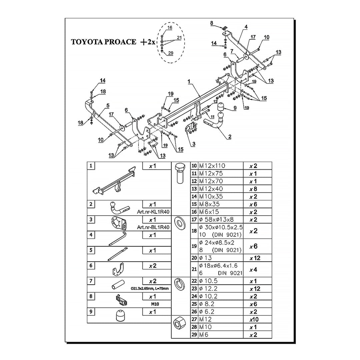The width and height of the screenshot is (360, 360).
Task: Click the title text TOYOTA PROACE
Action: tap(103, 42)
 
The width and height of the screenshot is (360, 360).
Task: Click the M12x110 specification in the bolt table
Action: tap(212, 166)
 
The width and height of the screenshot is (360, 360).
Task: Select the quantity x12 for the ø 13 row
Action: tap(255, 258)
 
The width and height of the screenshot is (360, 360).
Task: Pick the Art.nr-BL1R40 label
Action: tap(153, 227)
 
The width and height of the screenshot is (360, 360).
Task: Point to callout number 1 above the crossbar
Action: tap(189, 81)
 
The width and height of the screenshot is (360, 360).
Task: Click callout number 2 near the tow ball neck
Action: tap(230, 136)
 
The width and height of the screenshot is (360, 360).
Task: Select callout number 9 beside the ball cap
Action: tap(235, 108)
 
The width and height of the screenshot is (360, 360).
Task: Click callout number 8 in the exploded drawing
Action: tap(211, 23)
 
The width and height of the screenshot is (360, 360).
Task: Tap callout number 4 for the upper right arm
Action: tap(246, 26)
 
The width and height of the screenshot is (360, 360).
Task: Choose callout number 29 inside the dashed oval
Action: tap(170, 53)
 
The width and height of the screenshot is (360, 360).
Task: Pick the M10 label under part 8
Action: tap(155, 304)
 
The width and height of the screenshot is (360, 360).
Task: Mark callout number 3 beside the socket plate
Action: tap(193, 144)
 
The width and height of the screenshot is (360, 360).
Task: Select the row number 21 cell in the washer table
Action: tap(194, 269)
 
